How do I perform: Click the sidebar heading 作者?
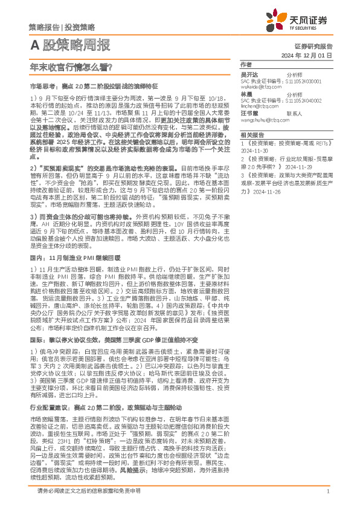point(245,64)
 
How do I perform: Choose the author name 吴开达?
point(249,74)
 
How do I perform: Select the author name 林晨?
point(246,95)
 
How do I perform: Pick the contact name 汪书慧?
point(249,114)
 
